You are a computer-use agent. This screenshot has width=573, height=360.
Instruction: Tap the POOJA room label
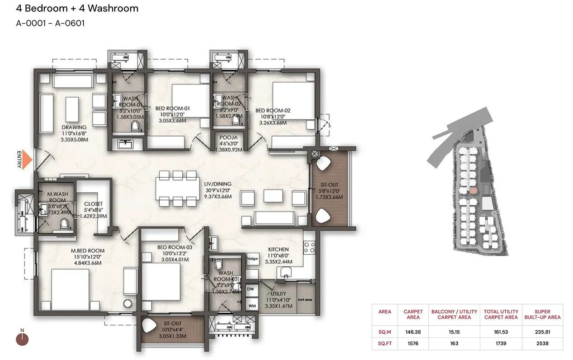coord(228,138)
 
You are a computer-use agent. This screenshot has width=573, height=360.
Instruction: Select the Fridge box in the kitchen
coord(252,259)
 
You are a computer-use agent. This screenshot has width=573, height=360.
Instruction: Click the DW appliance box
coord(251,289)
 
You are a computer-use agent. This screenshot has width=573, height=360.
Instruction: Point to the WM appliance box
coord(252,306)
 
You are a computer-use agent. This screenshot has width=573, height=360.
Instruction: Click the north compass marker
coord(22,339)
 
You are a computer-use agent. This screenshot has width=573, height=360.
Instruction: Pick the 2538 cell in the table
coord(542,343)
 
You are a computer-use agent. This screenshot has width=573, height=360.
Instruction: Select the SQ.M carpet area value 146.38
coord(413,332)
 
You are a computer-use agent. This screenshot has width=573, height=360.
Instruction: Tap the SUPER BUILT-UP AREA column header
coord(542,314)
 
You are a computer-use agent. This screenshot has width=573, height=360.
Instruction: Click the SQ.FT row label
coord(385,343)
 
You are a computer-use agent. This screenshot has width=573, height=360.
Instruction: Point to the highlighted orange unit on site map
coord(473,191)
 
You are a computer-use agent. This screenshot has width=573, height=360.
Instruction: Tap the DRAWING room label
coord(74,127)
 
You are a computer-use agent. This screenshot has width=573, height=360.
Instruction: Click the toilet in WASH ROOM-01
coord(135,126)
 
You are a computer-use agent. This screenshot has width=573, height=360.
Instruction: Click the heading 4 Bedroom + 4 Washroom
coord(77,8)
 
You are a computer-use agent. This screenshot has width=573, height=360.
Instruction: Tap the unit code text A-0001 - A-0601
coord(50,23)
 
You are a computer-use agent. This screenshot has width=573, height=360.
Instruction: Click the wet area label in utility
coord(305,299)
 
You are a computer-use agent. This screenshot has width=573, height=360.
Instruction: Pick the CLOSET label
coord(93,204)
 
